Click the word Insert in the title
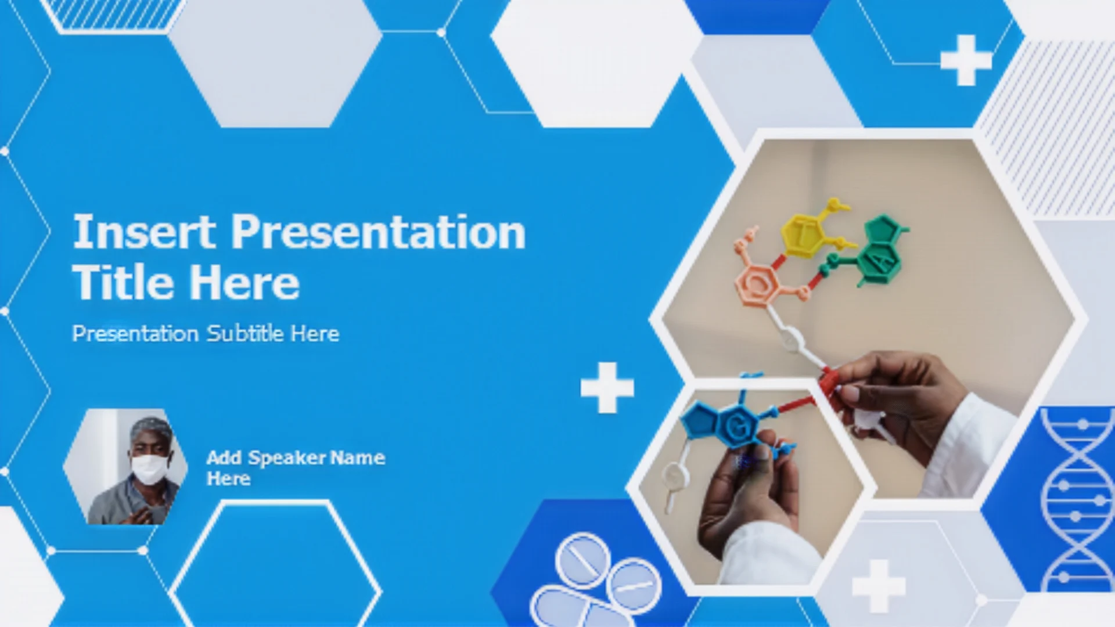[x=145, y=232]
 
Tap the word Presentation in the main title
[x=379, y=232]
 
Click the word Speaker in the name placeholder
[x=287, y=458]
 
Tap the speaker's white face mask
[x=149, y=469]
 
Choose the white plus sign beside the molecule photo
[x=607, y=388]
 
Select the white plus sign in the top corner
[x=966, y=60]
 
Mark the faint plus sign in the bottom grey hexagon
[x=878, y=586]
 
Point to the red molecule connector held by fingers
[x=829, y=383]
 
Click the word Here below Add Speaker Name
[x=229, y=479]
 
